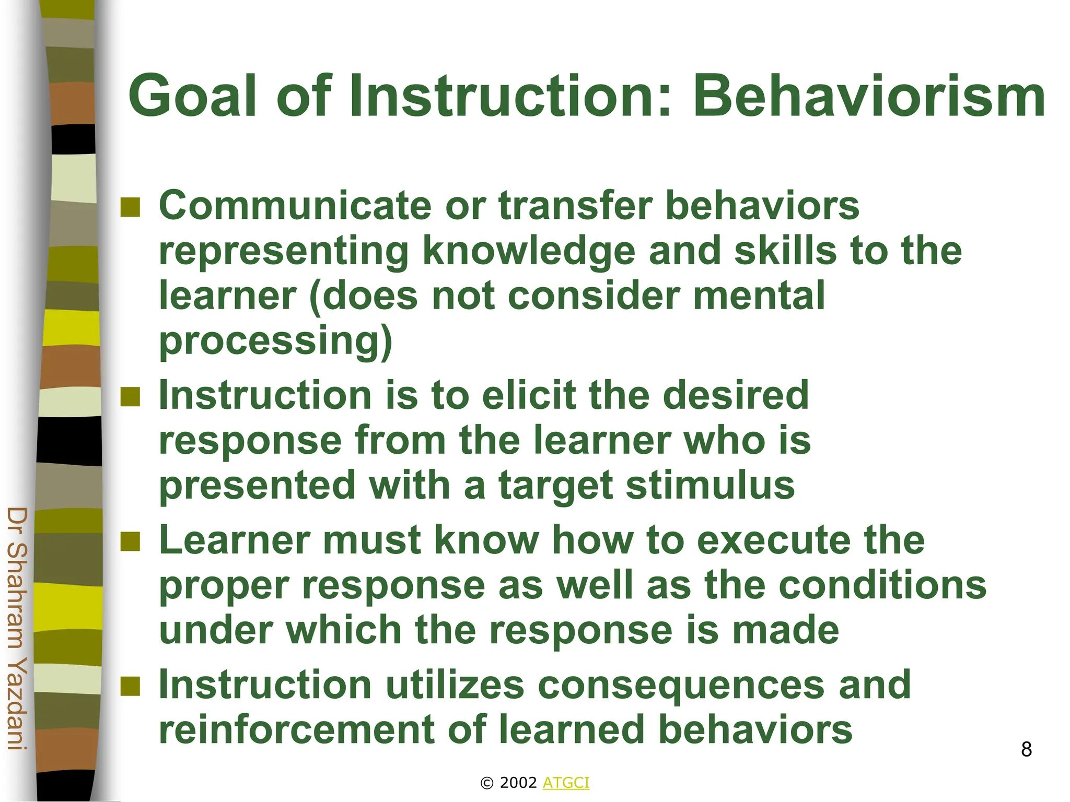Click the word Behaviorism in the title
[868, 97]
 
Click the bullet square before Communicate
[130, 207]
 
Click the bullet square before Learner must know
[130, 541]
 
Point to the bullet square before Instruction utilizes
[130, 687]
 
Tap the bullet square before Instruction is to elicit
[130, 396]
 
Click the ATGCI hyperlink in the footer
[566, 783]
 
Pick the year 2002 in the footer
[518, 783]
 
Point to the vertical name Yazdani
[17, 710]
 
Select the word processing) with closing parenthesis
[275, 342]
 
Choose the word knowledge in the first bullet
[528, 252]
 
